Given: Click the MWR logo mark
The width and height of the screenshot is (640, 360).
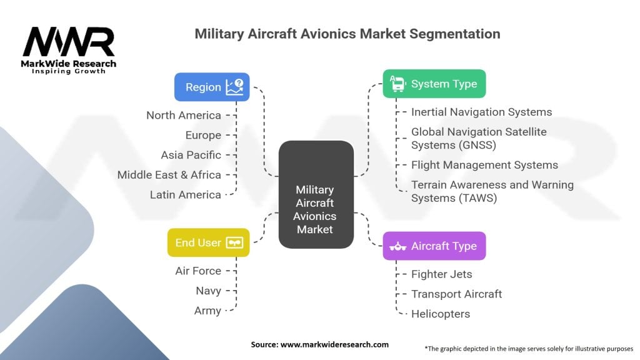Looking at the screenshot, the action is pyautogui.click(x=69, y=42).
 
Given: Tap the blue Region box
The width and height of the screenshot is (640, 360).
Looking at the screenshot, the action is pyautogui.click(x=212, y=87).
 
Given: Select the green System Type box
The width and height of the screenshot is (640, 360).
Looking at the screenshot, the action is pyautogui.click(x=434, y=84).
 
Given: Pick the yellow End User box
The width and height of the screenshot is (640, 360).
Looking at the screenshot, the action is pyautogui.click(x=209, y=242).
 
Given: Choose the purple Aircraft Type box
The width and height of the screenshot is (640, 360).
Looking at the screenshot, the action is pyautogui.click(x=434, y=246).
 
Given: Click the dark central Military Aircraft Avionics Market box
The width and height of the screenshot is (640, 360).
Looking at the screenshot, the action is pyautogui.click(x=316, y=194).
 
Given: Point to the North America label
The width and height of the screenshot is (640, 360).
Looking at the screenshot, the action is pyautogui.click(x=184, y=116).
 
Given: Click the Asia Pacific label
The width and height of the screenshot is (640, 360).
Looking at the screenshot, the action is pyautogui.click(x=191, y=155).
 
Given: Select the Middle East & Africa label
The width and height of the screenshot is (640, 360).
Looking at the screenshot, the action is pyautogui.click(x=169, y=175).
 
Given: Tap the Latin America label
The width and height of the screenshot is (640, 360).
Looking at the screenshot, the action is pyautogui.click(x=185, y=195).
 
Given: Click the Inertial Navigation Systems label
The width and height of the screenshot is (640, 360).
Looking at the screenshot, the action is pyautogui.click(x=482, y=112).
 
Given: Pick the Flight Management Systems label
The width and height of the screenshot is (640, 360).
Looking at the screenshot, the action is pyautogui.click(x=484, y=165).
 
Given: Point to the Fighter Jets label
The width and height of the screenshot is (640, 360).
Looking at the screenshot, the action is pyautogui.click(x=442, y=274).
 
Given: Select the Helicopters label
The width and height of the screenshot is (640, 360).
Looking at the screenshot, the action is pyautogui.click(x=441, y=314).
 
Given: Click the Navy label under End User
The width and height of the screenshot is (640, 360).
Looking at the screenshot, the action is pyautogui.click(x=209, y=291).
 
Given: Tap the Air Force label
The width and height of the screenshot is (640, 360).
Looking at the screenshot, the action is pyautogui.click(x=198, y=271).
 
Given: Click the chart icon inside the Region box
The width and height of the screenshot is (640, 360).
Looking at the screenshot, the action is pyautogui.click(x=235, y=87).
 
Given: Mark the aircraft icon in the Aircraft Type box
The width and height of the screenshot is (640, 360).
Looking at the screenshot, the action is pyautogui.click(x=397, y=246).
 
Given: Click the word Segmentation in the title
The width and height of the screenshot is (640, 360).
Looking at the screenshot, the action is pyautogui.click(x=455, y=34).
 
